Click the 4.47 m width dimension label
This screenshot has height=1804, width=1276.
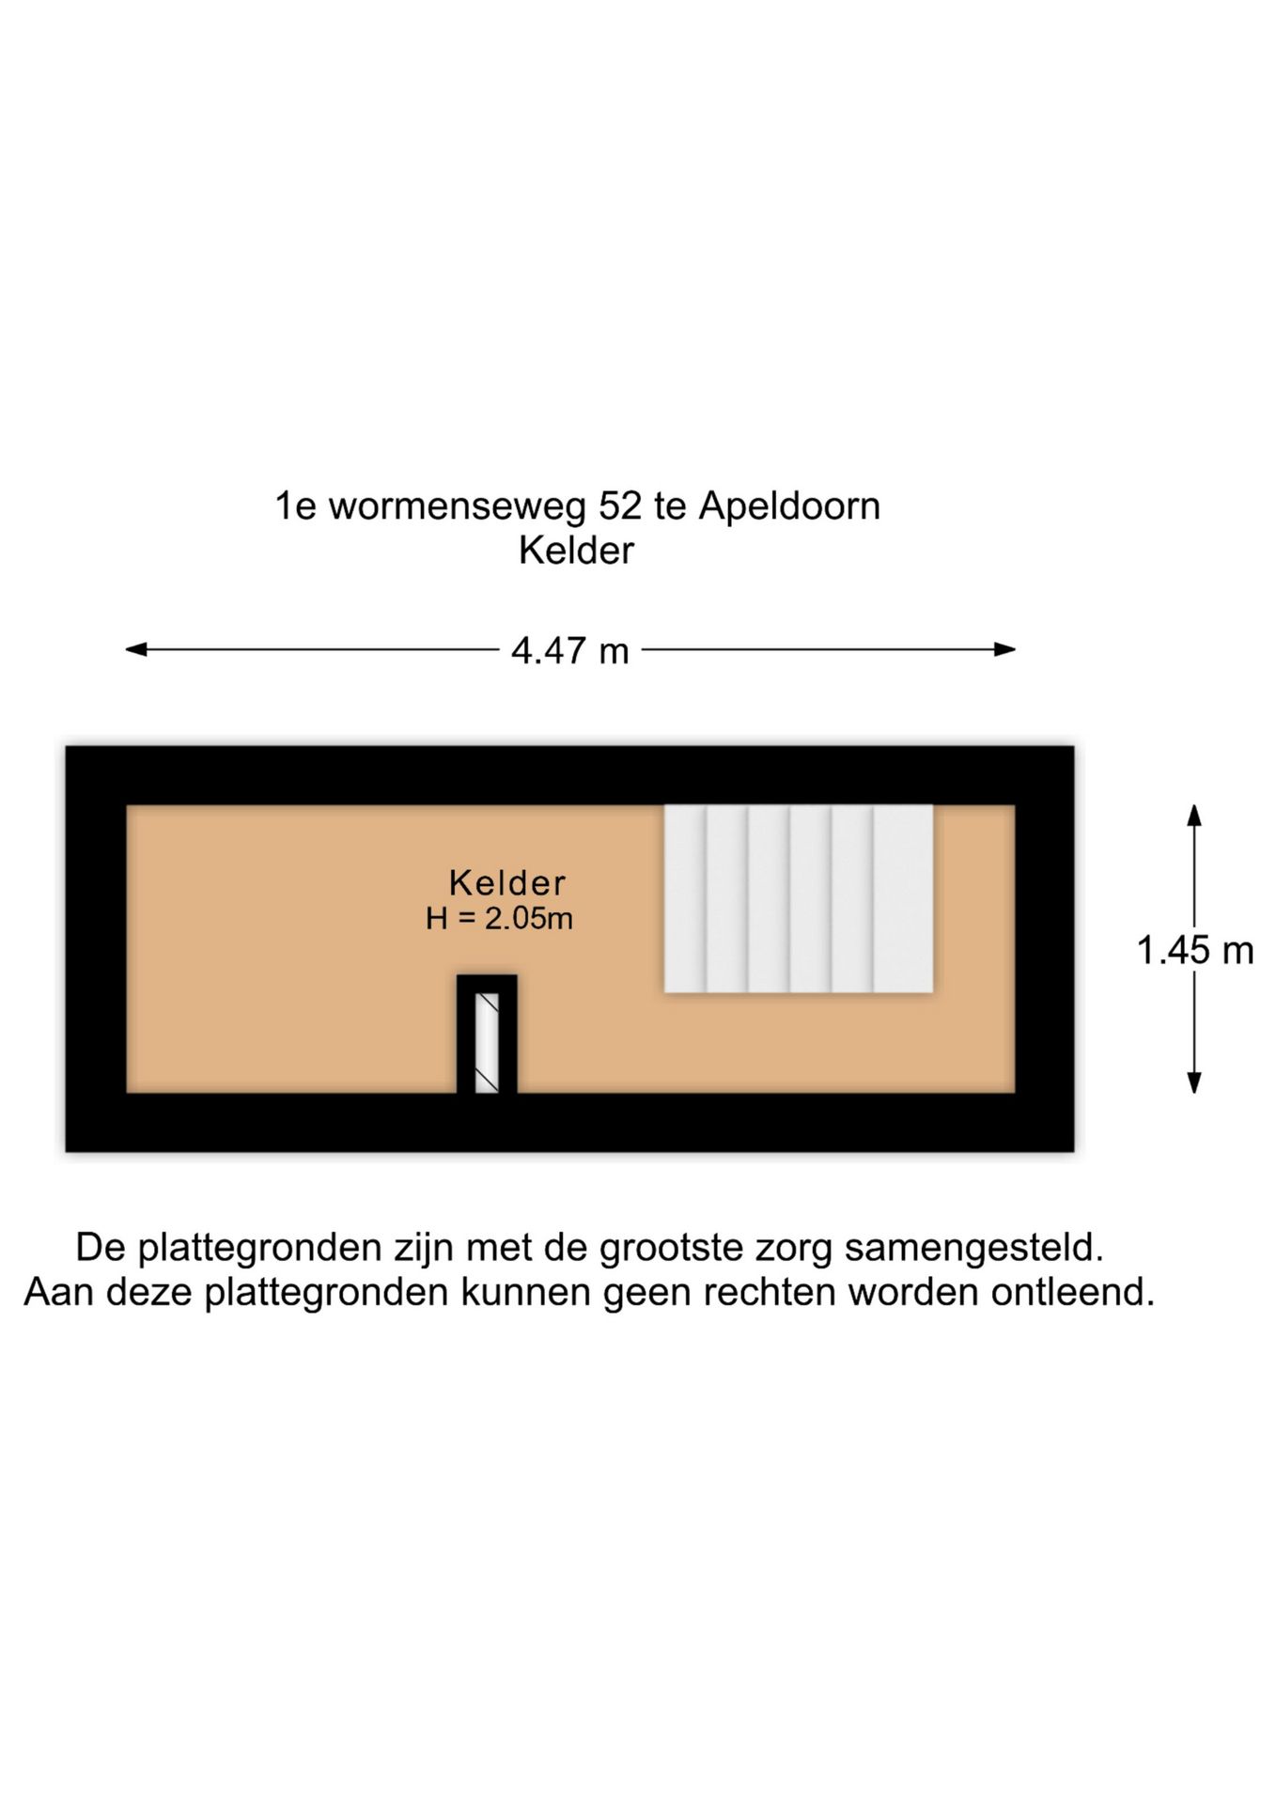pos(569,650)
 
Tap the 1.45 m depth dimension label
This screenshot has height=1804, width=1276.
pos(1195,951)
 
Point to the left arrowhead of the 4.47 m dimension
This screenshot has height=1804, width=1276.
pos(136,649)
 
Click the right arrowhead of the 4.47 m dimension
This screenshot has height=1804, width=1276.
pos(1005,649)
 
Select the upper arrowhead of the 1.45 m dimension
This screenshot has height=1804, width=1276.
pos(1194,815)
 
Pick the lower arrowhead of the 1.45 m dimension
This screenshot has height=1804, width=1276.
pos(1194,1082)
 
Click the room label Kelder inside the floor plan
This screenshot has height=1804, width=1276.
pos(507,882)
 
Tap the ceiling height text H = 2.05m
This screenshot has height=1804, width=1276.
pos(499,918)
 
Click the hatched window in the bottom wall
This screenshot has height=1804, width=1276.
pos(487,1042)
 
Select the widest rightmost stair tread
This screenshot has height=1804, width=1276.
pos(903,898)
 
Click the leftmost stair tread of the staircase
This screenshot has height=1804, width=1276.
pos(685,898)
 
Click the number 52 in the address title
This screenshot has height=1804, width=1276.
pos(620,506)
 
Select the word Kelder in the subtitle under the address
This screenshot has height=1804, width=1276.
pos(576,551)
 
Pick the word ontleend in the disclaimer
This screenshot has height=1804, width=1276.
pos(1073,1293)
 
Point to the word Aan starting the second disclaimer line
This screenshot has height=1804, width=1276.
pos(59,1293)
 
